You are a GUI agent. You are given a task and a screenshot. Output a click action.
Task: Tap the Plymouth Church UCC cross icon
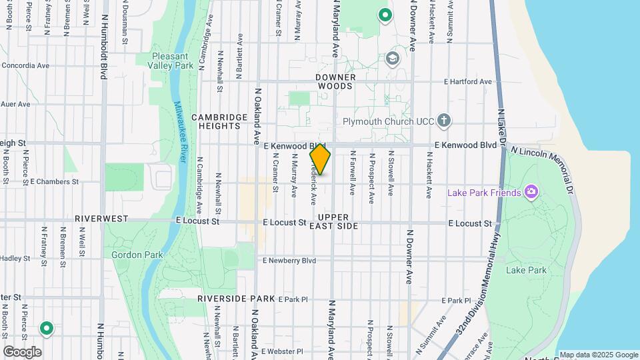pyautogui.click(x=445, y=121)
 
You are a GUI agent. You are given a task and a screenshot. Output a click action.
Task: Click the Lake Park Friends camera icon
pyautogui.click(x=531, y=193)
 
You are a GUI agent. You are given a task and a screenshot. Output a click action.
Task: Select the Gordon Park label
pyautogui.click(x=128, y=255)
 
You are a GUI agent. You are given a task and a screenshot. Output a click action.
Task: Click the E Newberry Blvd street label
pyautogui.click(x=289, y=261)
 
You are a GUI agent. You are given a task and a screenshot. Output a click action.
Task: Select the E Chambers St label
pyautogui.click(x=54, y=181)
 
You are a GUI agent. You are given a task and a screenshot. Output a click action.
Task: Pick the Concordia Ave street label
pyautogui.click(x=25, y=65)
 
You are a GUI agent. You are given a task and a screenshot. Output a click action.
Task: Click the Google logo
pyautogui.click(x=22, y=351)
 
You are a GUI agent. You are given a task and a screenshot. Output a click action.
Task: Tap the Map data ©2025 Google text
pyautogui.click(x=598, y=355)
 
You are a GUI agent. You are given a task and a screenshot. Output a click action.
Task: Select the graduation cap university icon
pyautogui.click(x=393, y=58)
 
